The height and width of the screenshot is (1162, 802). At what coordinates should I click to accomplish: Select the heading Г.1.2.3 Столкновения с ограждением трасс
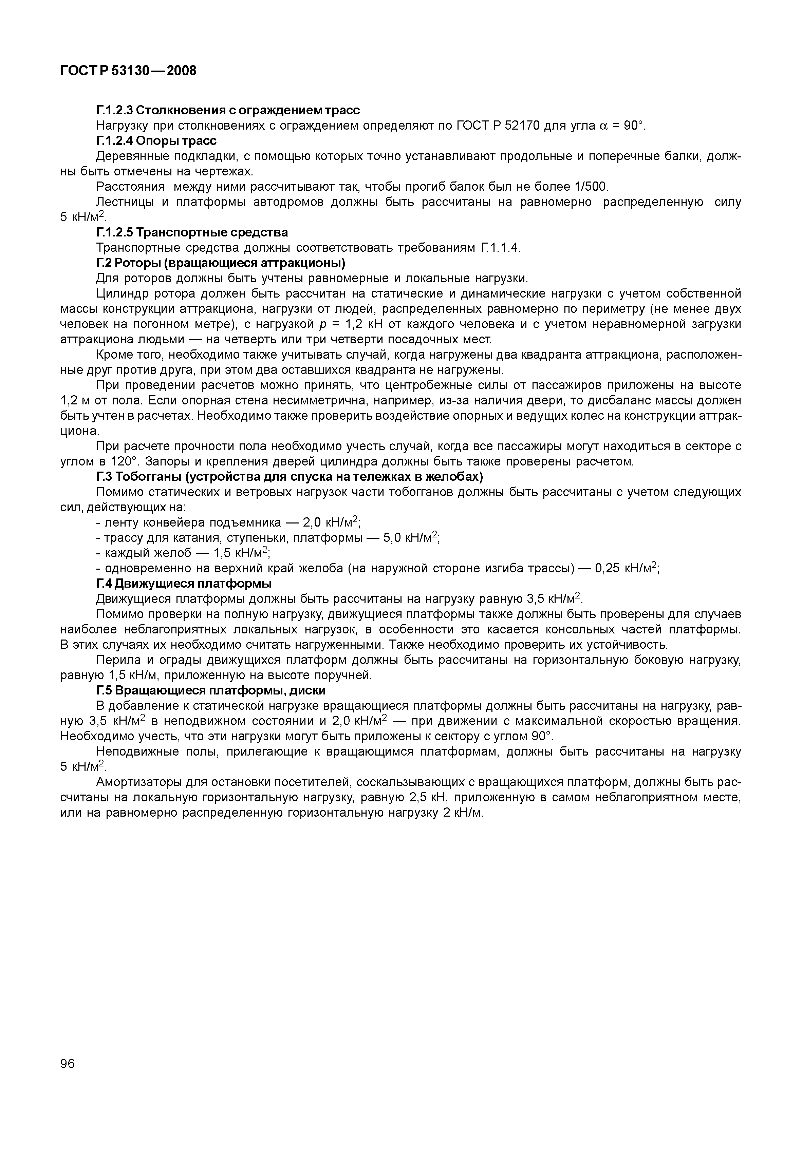228,110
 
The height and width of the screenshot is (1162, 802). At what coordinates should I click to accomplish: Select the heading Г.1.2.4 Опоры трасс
156,140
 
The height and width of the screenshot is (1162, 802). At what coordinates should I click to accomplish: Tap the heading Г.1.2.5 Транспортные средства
192,232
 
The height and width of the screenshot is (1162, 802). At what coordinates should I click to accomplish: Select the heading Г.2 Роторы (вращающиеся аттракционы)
221,263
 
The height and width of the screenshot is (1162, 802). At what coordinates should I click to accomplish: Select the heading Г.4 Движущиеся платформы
184,584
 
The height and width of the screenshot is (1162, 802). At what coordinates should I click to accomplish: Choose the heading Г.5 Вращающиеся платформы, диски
210,690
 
